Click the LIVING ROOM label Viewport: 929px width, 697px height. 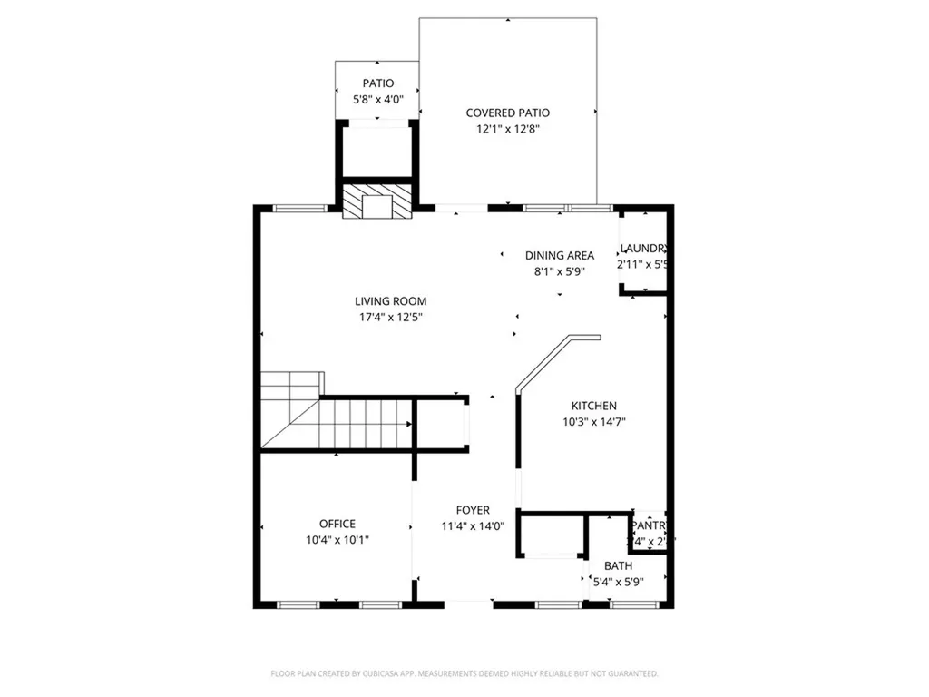[x=390, y=301]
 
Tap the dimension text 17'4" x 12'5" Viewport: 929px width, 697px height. [x=390, y=318]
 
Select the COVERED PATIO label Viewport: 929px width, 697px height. [x=507, y=113]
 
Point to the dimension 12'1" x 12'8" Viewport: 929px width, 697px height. [x=507, y=129]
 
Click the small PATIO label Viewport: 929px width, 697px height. [x=377, y=83]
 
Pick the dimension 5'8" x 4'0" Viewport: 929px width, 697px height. [x=377, y=99]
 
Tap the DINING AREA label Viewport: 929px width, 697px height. [x=560, y=255]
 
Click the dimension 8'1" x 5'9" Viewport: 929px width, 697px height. [x=560, y=270]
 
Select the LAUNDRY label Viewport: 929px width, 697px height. [x=644, y=249]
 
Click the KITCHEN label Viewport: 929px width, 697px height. [x=593, y=406]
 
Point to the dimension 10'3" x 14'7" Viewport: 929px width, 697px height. [x=593, y=421]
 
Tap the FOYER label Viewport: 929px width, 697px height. [x=473, y=511]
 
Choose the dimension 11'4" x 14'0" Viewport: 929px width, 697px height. [x=473, y=526]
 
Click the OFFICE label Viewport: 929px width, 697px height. [x=337, y=524]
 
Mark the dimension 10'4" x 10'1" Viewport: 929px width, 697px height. [x=337, y=540]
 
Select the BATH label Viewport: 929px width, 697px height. [x=618, y=566]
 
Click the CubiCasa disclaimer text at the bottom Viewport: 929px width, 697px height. [x=464, y=673]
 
